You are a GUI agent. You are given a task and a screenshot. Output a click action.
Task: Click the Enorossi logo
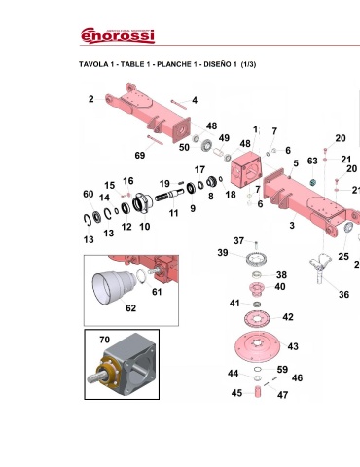[x=118, y=36]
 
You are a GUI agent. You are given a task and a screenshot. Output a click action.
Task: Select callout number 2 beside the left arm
[x=91, y=99]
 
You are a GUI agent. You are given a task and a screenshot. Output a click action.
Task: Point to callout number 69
[x=140, y=155]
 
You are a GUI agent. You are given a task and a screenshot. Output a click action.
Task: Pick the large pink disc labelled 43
[x=257, y=346]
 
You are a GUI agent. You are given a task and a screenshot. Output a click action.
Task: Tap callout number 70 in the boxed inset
[x=104, y=340]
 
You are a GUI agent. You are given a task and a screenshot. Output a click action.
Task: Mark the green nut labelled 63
[x=312, y=183]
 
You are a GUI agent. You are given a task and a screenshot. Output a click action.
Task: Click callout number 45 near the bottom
[x=236, y=393]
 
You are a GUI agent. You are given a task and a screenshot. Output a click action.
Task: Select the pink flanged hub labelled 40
[x=257, y=289]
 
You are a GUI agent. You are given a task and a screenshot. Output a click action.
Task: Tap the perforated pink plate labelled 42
[x=257, y=319]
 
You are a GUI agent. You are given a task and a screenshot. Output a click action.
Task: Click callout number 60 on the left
[x=89, y=194]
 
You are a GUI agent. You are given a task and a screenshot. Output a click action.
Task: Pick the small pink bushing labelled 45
[x=258, y=392]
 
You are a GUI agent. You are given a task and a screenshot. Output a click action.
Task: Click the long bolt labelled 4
[x=179, y=104]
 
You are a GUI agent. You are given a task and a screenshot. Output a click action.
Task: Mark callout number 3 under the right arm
[x=292, y=225]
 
